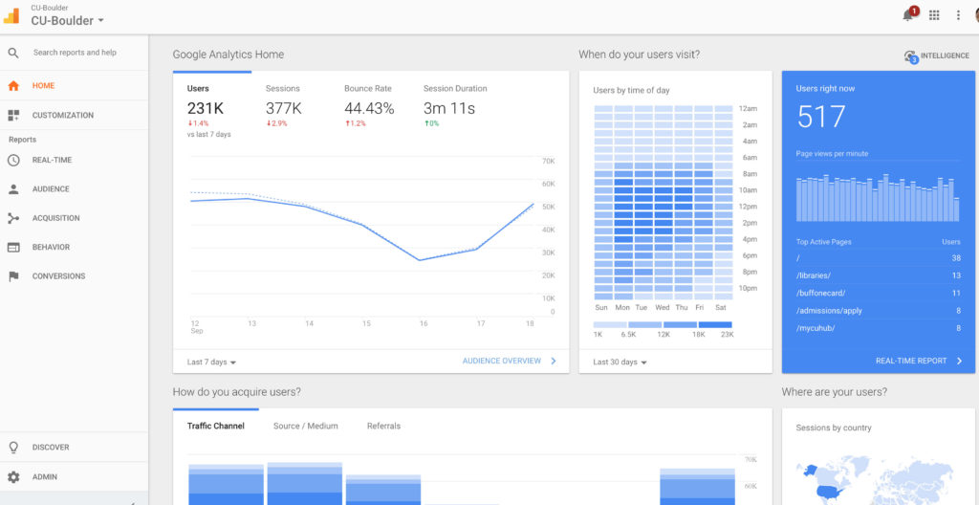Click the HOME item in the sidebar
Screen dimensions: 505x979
[43, 86]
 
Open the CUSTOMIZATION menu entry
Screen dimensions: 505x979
[62, 116]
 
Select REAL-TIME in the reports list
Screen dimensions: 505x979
[52, 161]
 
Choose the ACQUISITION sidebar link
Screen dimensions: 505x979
[55, 218]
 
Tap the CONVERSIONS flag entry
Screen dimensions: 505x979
[58, 276]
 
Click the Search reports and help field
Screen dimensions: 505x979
[75, 53]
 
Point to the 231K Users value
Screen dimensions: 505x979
[205, 109]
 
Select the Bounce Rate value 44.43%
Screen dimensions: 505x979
[369, 109]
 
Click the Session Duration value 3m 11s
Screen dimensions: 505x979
[449, 109]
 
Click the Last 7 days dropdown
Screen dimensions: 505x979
[211, 362]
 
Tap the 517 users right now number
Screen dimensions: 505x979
[820, 118]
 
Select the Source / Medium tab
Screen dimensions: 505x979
[305, 427]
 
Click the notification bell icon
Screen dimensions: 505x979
[907, 15]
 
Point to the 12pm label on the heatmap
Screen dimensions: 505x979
[749, 207]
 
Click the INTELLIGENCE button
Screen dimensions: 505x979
[937, 56]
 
